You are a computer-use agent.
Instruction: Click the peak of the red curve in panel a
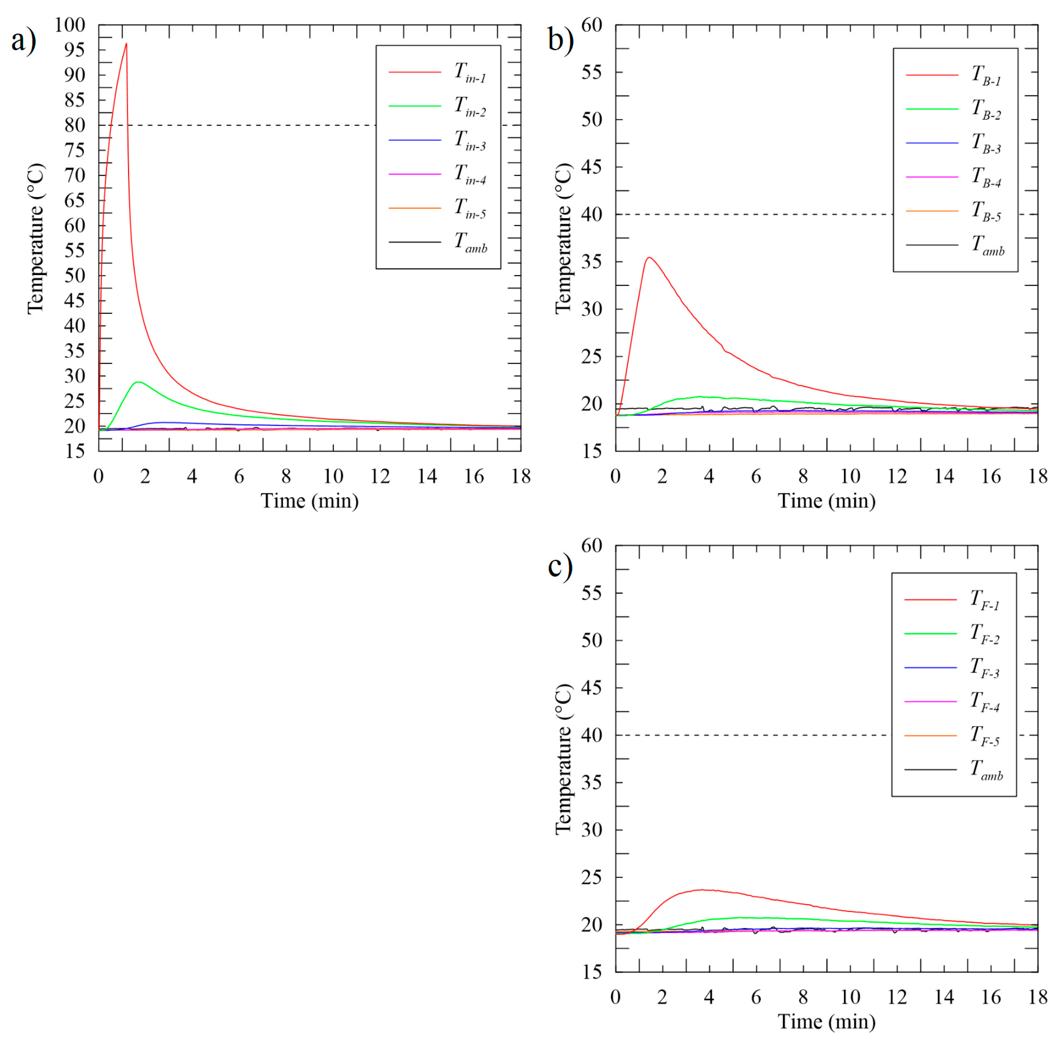pos(126,44)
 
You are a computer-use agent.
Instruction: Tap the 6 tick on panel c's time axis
pos(756,997)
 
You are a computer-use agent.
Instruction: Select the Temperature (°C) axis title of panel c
pos(564,760)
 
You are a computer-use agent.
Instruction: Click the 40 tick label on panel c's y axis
pos(592,735)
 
